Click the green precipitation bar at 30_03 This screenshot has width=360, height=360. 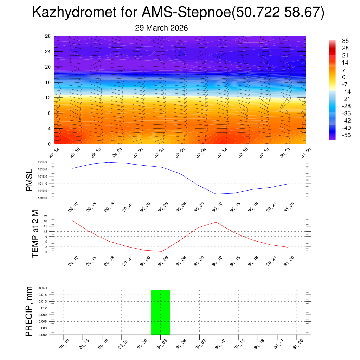click(x=160, y=312)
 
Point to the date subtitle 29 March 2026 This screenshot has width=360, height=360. click(x=161, y=28)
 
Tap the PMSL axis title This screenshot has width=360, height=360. click(x=29, y=180)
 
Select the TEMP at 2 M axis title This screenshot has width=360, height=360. click(x=35, y=233)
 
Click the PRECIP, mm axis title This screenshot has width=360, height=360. click(x=29, y=311)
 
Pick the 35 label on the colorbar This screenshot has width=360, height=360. click(x=346, y=41)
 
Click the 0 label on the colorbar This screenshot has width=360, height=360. click(x=344, y=77)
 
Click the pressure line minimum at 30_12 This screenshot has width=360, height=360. click(x=216, y=194)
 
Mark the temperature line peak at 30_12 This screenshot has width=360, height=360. click(x=216, y=222)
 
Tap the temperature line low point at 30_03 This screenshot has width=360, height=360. click(x=162, y=251)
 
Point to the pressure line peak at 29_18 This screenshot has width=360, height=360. click(x=108, y=162)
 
